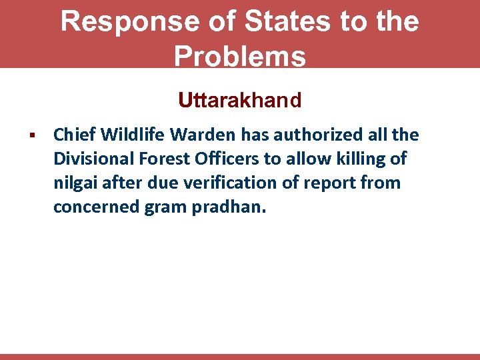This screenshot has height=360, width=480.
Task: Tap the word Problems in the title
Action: (240, 57)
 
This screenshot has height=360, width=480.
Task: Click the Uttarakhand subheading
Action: (240, 101)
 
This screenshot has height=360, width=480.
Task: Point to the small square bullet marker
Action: (31, 136)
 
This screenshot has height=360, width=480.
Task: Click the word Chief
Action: (75, 135)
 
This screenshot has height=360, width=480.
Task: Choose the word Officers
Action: (227, 159)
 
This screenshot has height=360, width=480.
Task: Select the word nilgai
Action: (74, 183)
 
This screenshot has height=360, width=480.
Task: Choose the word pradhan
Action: (227, 207)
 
